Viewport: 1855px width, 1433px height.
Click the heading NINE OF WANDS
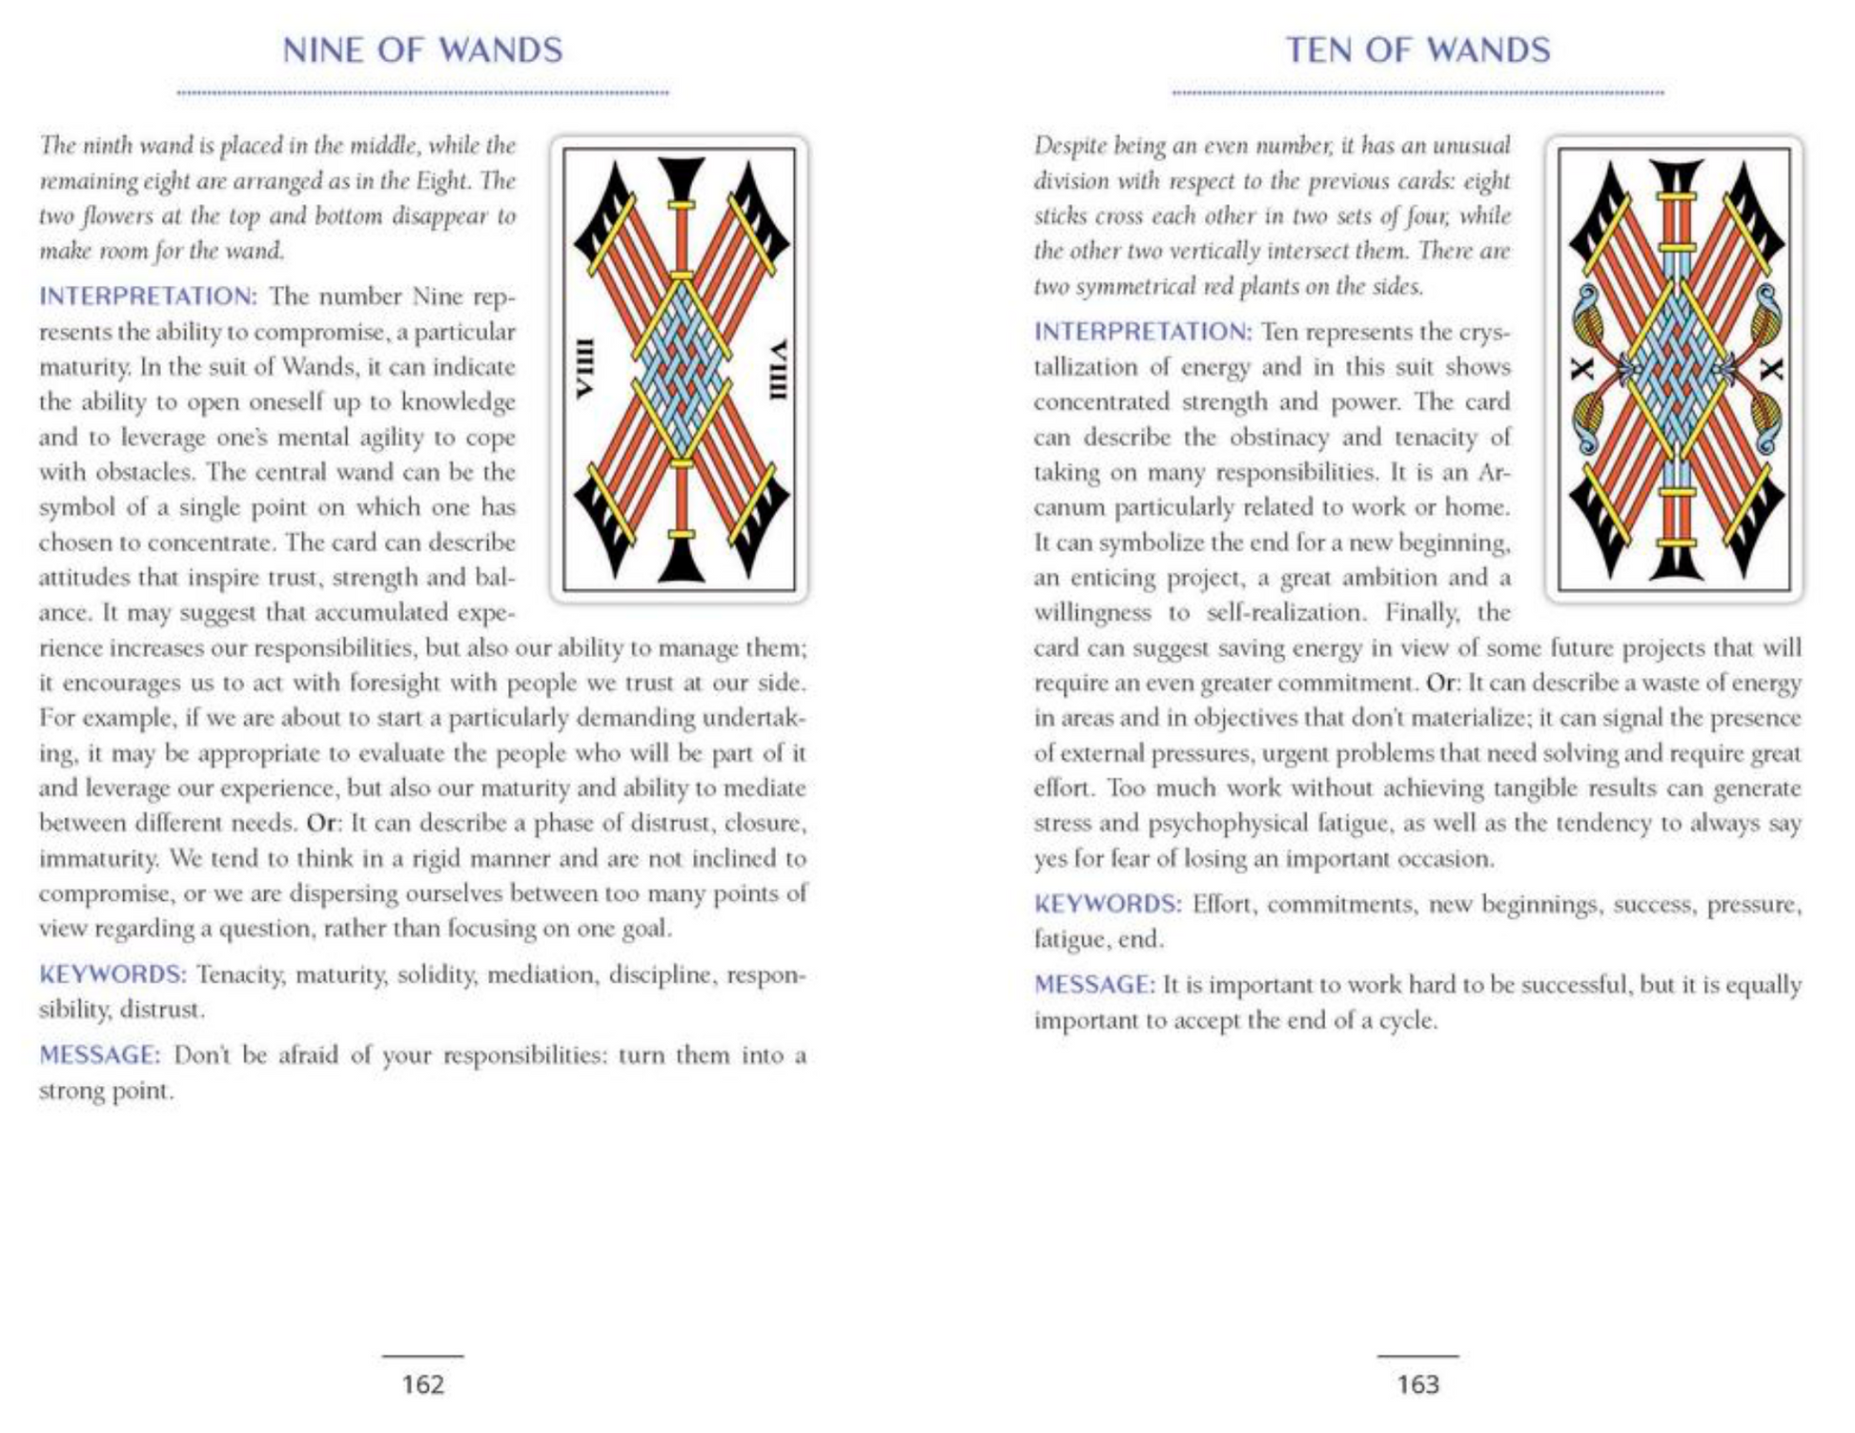[422, 51]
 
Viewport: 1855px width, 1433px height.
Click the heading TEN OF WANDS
[1417, 51]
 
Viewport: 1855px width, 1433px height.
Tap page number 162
[422, 1383]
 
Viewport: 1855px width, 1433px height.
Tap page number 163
[1417, 1383]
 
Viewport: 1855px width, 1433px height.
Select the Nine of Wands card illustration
[679, 369]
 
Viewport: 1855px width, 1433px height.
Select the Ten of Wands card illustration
[1674, 369]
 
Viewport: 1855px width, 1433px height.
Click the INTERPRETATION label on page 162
[148, 297]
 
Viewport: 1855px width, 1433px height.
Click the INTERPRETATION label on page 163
[1142, 332]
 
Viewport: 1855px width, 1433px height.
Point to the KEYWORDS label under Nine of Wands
[112, 974]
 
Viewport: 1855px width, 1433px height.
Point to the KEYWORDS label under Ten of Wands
[1108, 904]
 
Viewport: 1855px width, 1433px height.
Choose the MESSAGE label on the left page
[99, 1055]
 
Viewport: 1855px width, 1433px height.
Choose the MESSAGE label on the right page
[1094, 985]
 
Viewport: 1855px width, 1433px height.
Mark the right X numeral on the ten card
[1769, 368]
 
